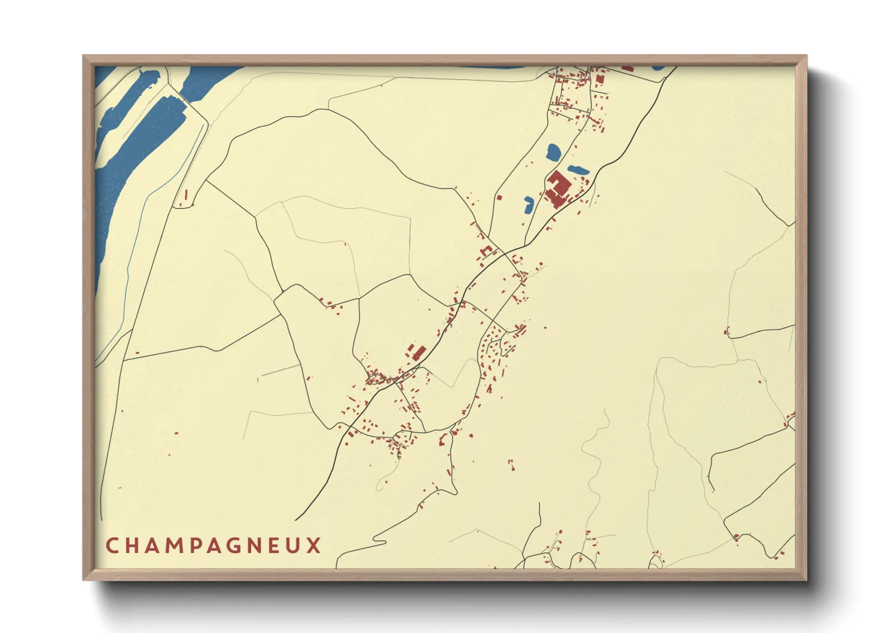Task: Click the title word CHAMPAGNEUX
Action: click(213, 546)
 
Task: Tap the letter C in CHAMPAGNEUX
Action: click(111, 546)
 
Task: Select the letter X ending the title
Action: click(315, 546)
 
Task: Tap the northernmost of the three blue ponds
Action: click(553, 152)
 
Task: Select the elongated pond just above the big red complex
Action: click(578, 170)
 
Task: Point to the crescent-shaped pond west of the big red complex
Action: click(528, 205)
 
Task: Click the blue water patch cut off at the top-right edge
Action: click(658, 68)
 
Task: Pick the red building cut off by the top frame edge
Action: click(627, 68)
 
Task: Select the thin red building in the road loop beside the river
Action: click(185, 195)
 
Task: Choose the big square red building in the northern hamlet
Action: click(600, 79)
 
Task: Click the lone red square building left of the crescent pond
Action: click(499, 197)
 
